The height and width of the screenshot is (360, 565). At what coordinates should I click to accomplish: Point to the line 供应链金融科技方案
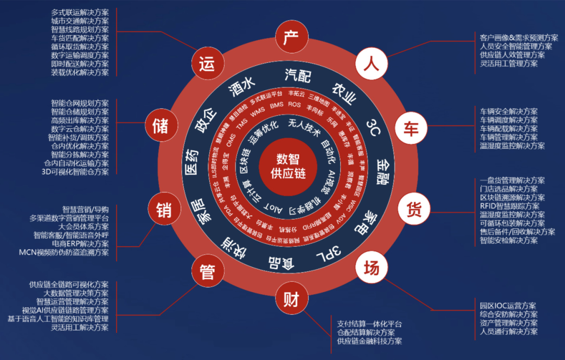pos(369,341)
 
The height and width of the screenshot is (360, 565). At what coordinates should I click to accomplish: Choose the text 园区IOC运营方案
pos(507,306)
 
